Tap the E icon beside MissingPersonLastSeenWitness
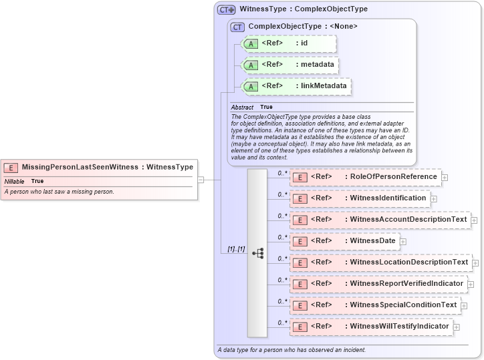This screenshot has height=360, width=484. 11,168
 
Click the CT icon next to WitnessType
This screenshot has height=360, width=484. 227,10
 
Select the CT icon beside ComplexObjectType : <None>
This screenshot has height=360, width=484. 237,27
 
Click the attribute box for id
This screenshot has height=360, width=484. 288,43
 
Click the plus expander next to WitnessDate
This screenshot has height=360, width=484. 403,241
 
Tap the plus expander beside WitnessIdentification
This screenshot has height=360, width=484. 434,198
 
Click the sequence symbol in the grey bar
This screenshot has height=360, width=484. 257,253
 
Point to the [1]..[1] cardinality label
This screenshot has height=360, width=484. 236,249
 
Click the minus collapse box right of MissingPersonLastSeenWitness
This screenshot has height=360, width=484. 200,179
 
